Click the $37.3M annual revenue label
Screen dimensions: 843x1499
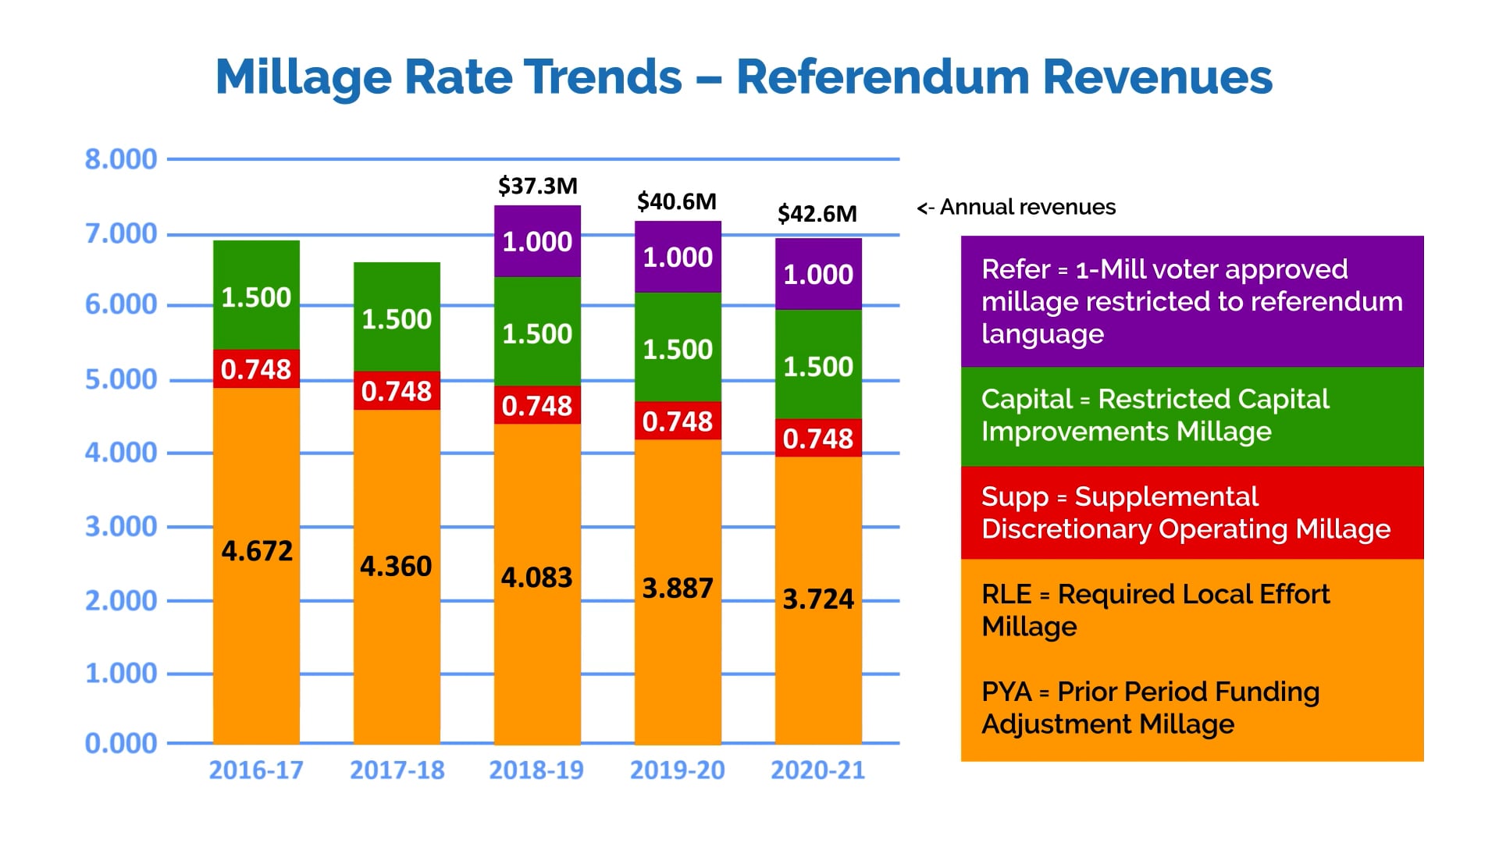click(538, 186)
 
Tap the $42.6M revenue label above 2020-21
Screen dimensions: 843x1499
click(817, 213)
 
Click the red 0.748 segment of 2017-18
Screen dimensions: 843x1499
click(397, 390)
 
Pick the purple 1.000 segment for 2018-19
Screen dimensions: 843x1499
click(537, 241)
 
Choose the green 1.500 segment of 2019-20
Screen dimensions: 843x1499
click(678, 348)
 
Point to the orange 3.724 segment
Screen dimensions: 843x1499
click(818, 599)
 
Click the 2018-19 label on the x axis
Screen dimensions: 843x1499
click(536, 770)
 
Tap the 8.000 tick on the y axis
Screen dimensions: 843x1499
click(121, 159)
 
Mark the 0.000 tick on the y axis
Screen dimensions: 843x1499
click(121, 743)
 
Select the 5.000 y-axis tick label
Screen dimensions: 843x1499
click(121, 379)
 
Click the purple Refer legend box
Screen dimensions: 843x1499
click(1191, 301)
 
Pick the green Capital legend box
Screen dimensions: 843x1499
click(1191, 416)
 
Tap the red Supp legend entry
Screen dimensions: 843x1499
click(1191, 513)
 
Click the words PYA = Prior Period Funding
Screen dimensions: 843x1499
click(1150, 692)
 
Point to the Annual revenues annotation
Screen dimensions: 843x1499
click(1017, 207)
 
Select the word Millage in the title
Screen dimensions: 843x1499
click(304, 76)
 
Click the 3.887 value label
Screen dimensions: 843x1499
click(678, 588)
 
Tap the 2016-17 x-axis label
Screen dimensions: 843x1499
click(256, 770)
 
